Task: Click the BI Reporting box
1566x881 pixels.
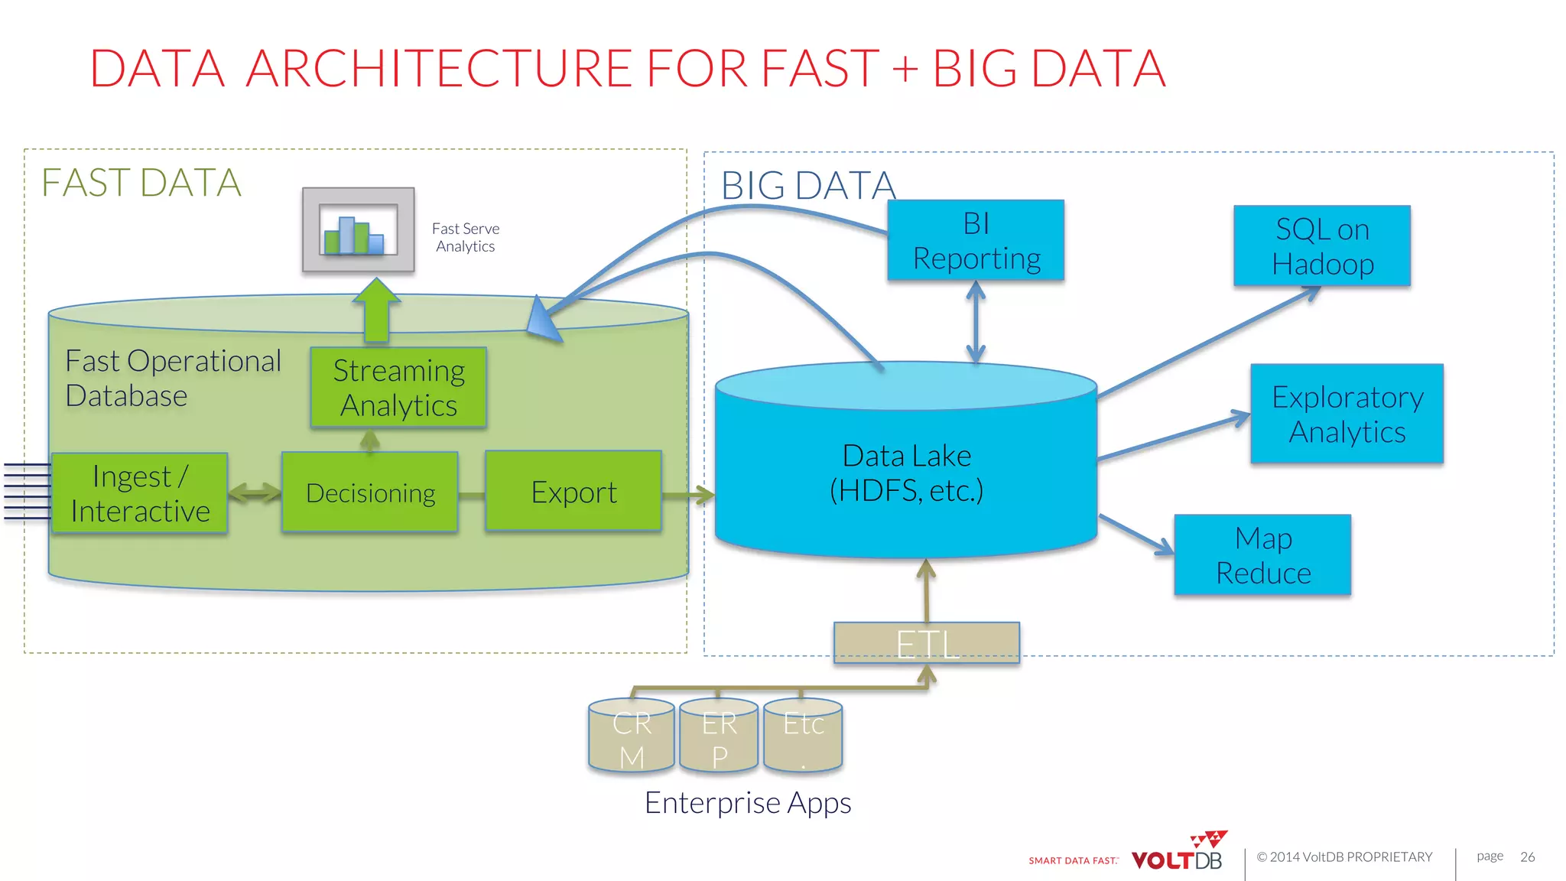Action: pyautogui.click(x=976, y=240)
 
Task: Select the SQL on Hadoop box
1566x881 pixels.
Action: pyautogui.click(x=1321, y=245)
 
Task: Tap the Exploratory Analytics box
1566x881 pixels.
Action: pyautogui.click(x=1347, y=414)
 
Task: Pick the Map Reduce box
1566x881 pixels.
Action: pyautogui.click(x=1262, y=555)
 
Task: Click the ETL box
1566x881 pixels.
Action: pyautogui.click(x=926, y=642)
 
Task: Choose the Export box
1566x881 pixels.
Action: pyautogui.click(x=573, y=491)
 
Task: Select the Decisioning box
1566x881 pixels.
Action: pyautogui.click(x=370, y=492)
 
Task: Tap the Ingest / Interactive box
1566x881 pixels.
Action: pyautogui.click(x=140, y=493)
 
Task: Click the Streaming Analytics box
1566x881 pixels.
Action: pyautogui.click(x=398, y=387)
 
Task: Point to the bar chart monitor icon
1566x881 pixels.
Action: pyautogui.click(x=359, y=229)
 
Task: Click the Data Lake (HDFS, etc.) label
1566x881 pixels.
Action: pyautogui.click(x=906, y=473)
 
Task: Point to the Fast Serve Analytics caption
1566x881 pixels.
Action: pyautogui.click(x=465, y=237)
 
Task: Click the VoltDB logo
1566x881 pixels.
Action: pyautogui.click(x=1178, y=854)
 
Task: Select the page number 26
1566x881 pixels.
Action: pyautogui.click(x=1527, y=857)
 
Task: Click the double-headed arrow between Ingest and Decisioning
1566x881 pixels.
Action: pyautogui.click(x=255, y=493)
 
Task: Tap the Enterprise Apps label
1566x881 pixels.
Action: pyautogui.click(x=747, y=803)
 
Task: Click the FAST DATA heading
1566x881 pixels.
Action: pyautogui.click(x=141, y=183)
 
